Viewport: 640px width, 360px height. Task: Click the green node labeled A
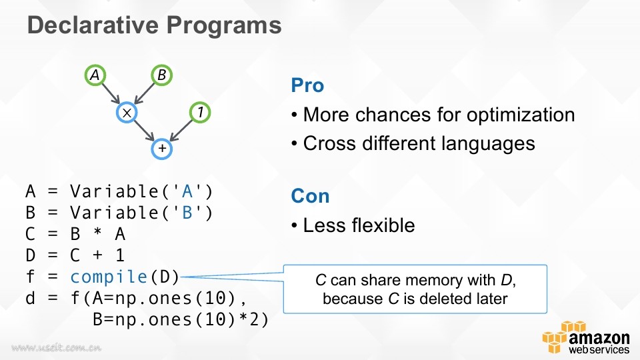coord(95,75)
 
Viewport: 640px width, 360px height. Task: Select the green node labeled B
coord(161,75)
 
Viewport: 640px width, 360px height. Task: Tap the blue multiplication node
coord(127,113)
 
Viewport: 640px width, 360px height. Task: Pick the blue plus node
coord(162,149)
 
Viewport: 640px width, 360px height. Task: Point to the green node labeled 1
coord(200,112)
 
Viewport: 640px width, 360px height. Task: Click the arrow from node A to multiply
coord(111,93)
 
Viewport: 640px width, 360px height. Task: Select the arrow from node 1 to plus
coord(181,130)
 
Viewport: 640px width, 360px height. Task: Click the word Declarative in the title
coord(93,25)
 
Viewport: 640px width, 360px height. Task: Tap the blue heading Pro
coord(307,85)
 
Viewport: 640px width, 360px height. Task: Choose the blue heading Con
coord(310,196)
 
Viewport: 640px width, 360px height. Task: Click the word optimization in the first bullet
coord(521,115)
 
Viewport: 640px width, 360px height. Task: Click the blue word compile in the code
coord(109,277)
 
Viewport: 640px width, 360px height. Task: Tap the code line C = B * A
coord(75,234)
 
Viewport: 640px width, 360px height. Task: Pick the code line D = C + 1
coord(75,255)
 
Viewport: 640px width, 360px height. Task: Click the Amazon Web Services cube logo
coord(557,337)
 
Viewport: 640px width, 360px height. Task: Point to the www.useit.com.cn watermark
coord(56,348)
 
